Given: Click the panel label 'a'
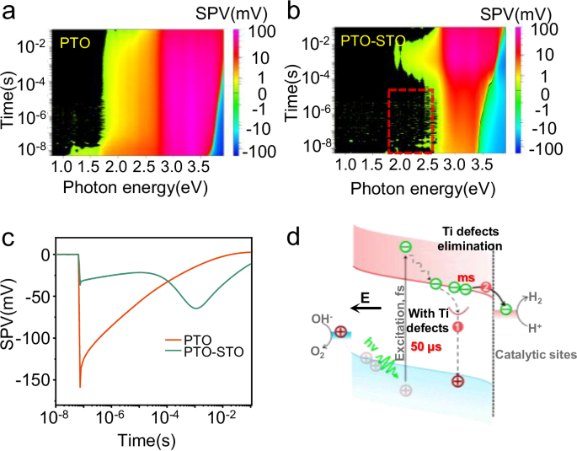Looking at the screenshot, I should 10,11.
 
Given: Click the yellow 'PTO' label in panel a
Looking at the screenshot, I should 74,39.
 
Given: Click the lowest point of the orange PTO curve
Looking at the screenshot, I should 80,387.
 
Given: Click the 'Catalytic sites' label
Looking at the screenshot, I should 536,356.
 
